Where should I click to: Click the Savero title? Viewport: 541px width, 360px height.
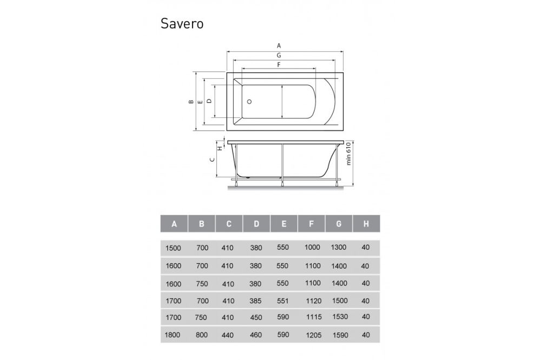point(181,24)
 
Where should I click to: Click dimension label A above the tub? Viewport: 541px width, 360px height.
point(279,46)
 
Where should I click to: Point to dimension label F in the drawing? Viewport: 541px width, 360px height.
point(278,64)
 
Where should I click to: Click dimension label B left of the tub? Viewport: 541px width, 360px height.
point(190,101)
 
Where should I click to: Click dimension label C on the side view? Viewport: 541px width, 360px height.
point(213,159)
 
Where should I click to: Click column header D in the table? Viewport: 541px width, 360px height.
point(256,223)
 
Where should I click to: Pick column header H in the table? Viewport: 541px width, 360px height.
point(366,223)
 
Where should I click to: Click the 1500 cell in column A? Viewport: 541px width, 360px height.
point(173,248)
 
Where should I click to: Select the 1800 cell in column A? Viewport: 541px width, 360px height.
point(173,335)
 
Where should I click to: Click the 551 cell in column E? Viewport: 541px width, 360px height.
point(282,300)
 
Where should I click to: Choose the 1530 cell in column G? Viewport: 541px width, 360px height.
point(339,317)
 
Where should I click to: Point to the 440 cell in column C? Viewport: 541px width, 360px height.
point(228,335)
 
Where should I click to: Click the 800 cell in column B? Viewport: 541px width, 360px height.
point(202,335)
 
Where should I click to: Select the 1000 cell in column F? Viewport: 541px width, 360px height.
point(313,248)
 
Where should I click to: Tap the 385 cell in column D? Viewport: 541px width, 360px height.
point(256,301)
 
